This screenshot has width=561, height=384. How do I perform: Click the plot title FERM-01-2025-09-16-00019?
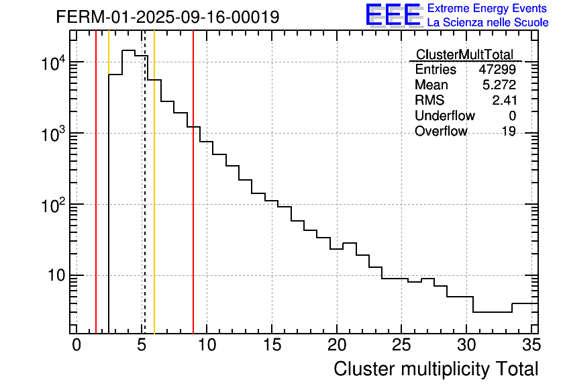[x=167, y=17]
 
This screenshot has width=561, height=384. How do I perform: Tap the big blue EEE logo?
[x=393, y=15]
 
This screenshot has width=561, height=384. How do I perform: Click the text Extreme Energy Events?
[x=488, y=9]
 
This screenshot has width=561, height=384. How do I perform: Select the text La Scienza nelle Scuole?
[x=488, y=23]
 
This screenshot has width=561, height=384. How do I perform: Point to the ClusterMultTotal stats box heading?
[x=464, y=54]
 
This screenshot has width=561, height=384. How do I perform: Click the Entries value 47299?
[x=497, y=70]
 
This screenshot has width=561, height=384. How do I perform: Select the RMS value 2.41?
[x=504, y=101]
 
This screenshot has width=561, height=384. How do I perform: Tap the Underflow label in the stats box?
[x=444, y=116]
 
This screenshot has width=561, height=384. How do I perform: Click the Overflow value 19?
[x=509, y=132]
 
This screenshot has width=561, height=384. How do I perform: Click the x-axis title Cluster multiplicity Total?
[x=436, y=369]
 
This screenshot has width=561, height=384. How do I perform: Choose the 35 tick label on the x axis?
[x=531, y=345]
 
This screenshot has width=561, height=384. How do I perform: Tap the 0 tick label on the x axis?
[x=76, y=345]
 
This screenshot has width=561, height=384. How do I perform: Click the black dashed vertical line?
[x=144, y=201]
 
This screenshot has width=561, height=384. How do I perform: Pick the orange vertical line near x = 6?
[x=154, y=201]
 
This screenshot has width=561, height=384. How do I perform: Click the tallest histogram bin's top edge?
[x=128, y=50]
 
